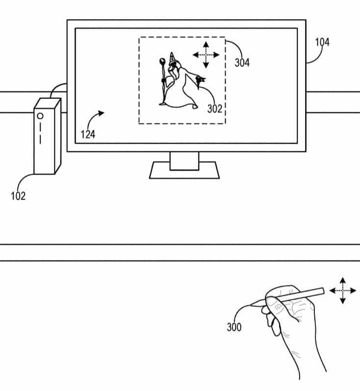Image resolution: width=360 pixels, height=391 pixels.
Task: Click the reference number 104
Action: [x=322, y=42]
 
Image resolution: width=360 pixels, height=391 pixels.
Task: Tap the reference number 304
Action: [x=242, y=63]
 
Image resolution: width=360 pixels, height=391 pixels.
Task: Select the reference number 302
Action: [x=215, y=109]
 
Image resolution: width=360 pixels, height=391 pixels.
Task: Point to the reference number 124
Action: [x=88, y=134]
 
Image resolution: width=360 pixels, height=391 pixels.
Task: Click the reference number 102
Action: [x=18, y=196]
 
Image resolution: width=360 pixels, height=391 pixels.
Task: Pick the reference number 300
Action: [x=234, y=327]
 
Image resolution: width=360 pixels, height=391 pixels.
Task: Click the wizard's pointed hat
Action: [x=172, y=57]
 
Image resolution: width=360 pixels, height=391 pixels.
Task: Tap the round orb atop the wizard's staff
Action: [x=162, y=61]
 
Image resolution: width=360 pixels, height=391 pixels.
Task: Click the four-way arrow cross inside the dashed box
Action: [x=206, y=55]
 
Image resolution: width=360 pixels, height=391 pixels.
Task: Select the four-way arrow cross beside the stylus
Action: [x=343, y=290]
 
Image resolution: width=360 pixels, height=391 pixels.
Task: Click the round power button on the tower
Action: [x=40, y=116]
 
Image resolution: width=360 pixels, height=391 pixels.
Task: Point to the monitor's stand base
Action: [x=184, y=170]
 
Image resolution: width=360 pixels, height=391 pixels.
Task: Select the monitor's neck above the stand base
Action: [x=184, y=161]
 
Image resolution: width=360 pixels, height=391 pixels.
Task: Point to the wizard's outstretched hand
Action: [x=201, y=80]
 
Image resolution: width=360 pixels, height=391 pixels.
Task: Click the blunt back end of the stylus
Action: [x=322, y=291]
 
